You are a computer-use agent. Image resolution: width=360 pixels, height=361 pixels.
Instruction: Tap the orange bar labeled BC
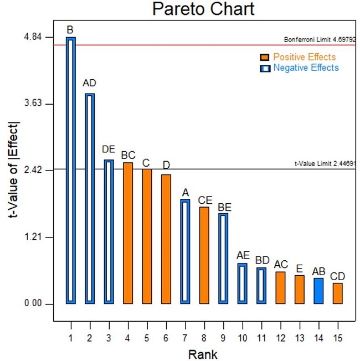[x=128, y=233]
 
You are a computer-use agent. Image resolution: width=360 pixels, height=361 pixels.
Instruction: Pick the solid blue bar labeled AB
[x=318, y=291]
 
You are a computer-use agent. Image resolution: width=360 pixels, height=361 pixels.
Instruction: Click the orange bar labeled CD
[x=337, y=293]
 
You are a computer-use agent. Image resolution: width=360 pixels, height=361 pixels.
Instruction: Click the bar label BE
[x=224, y=207]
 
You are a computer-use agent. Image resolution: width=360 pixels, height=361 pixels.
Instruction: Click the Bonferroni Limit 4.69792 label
[x=320, y=40]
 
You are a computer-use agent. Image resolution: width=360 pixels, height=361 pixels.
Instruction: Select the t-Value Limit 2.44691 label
[x=325, y=164]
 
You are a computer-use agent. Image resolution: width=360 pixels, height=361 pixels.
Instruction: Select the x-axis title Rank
[x=203, y=354]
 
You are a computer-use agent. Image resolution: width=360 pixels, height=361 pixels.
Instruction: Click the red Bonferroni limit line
[x=177, y=45]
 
